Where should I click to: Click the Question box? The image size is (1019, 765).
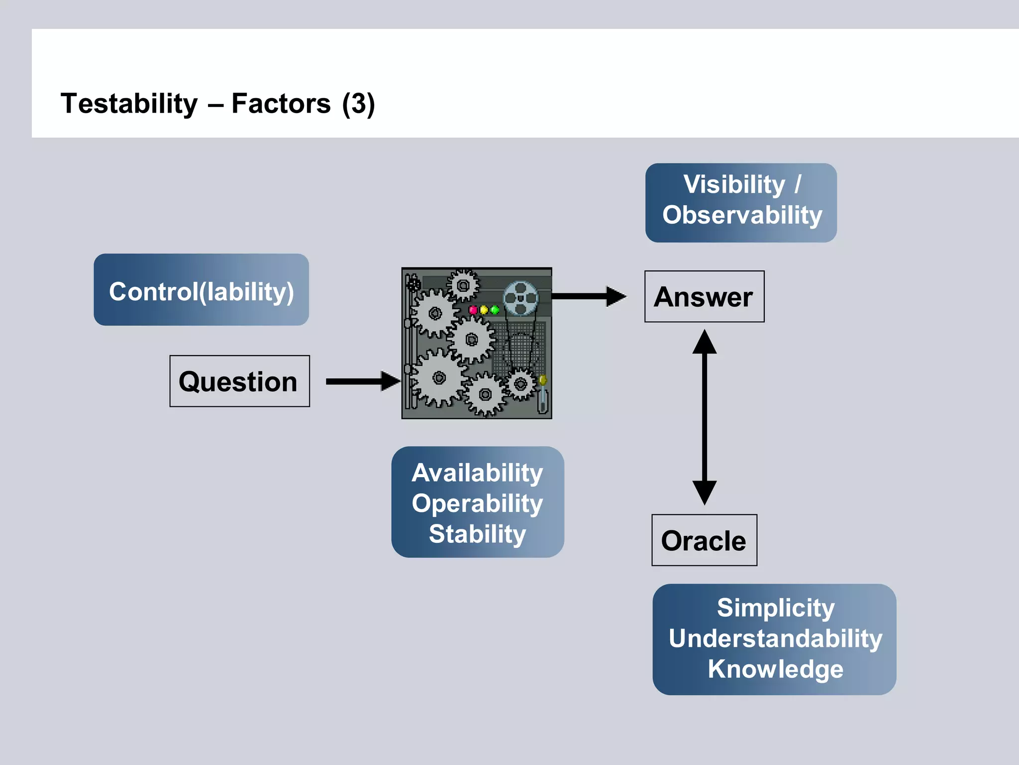(239, 381)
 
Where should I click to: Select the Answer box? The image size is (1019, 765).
(704, 297)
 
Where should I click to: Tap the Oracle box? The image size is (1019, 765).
(704, 540)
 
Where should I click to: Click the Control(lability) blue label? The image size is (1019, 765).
(201, 290)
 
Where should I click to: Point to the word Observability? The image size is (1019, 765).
(742, 215)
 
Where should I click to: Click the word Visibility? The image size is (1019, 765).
(734, 184)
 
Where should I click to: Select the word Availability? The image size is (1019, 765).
(477, 473)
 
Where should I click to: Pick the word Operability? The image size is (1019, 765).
(477, 503)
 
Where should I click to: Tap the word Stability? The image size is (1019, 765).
(477, 534)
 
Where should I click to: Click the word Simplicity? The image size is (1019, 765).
(775, 608)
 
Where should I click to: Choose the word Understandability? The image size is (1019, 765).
(775, 638)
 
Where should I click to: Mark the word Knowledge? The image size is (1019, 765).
(775, 669)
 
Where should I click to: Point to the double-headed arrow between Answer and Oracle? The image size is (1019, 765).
(705, 417)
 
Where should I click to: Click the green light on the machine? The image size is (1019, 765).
(495, 310)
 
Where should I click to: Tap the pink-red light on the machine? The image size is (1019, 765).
(473, 310)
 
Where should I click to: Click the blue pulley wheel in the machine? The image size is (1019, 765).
(520, 298)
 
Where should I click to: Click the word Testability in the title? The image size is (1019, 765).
(129, 104)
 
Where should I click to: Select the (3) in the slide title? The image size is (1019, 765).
(358, 104)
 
